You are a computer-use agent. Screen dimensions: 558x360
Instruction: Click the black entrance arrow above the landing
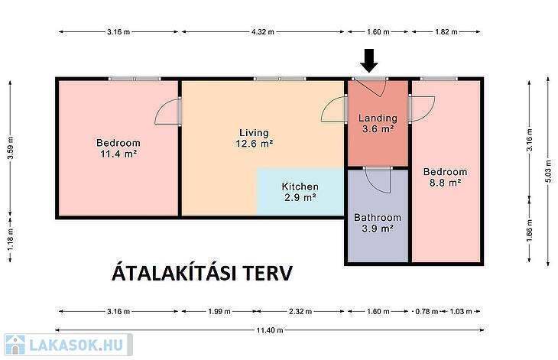pyautogui.click(x=369, y=61)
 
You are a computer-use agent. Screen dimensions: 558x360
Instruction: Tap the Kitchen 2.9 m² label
pyautogui.click(x=300, y=192)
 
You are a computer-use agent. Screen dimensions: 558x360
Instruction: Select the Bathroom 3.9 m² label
pyautogui.click(x=378, y=222)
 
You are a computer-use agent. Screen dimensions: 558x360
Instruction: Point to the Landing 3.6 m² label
pyautogui.click(x=378, y=123)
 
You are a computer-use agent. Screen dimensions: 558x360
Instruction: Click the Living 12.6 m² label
pyautogui.click(x=254, y=138)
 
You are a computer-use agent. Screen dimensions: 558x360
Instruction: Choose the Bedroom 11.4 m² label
pyautogui.click(x=118, y=148)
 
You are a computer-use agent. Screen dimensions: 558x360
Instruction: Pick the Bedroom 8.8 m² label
pyautogui.click(x=445, y=177)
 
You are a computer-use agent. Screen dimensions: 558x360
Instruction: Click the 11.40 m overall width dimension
pyautogui.click(x=270, y=330)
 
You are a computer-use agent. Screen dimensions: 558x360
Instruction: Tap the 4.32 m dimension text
pyautogui.click(x=263, y=31)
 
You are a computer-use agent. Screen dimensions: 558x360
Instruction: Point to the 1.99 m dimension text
pyautogui.click(x=219, y=312)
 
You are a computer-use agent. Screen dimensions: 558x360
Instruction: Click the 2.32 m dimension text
pyautogui.click(x=300, y=312)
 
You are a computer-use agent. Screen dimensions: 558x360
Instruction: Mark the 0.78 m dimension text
pyautogui.click(x=427, y=312)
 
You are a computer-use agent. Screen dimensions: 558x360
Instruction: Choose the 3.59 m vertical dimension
pyautogui.click(x=11, y=148)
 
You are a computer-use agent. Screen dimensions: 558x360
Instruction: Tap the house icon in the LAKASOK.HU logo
pyautogui.click(x=15, y=345)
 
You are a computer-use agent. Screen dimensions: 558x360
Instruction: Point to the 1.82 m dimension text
pyautogui.click(x=446, y=31)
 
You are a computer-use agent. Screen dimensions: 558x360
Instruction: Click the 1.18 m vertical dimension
pyautogui.click(x=11, y=239)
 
